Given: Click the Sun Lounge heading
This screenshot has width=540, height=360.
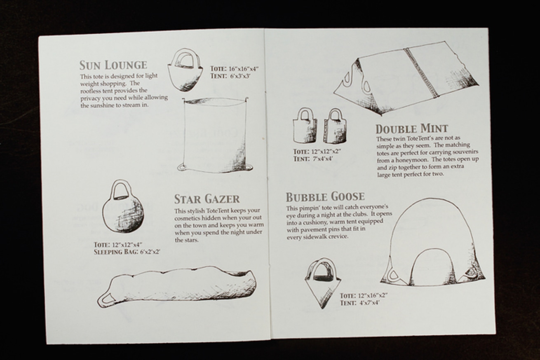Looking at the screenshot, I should tap(113, 65).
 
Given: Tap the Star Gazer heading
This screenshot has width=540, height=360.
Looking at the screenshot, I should tap(207, 199).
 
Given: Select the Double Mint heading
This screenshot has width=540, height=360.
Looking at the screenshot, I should tap(412, 129).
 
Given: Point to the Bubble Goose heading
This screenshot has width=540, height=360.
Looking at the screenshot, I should tap(325, 197).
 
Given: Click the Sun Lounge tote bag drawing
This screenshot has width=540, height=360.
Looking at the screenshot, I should tap(185, 71).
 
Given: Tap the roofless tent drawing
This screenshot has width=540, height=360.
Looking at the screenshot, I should tap(214, 135).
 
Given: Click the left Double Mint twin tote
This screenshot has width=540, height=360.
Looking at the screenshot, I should tap(305, 126).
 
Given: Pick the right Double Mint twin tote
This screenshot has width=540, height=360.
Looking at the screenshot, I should tap(335, 126).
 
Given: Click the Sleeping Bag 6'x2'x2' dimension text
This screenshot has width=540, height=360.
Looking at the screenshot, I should tap(127, 252).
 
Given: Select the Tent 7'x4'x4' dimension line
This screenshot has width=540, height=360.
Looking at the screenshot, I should tap(313, 159).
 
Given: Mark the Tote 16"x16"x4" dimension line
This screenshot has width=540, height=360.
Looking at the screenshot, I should tap(235, 69).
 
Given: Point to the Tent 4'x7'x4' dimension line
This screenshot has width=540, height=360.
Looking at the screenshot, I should tap(359, 303).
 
